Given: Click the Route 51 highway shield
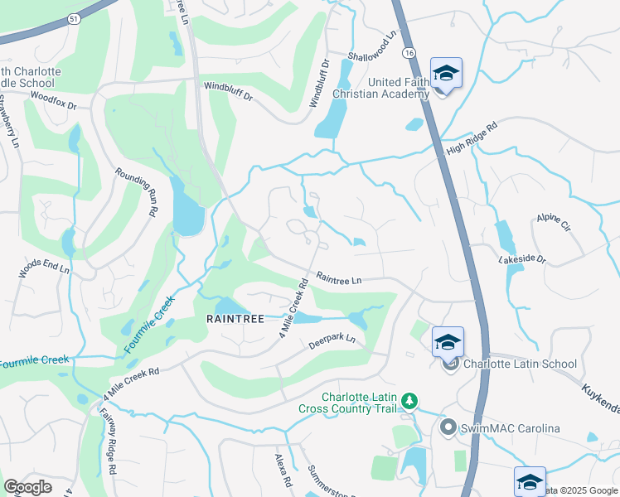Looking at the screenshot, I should (75, 17).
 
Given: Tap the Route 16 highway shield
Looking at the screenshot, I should (409, 52).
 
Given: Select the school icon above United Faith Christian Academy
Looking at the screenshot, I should (446, 75).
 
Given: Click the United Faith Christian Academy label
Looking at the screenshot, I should (382, 88).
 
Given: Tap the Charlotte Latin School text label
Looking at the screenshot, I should (520, 364).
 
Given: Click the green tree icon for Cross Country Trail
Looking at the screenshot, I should (408, 402).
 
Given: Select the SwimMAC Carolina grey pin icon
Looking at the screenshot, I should (448, 427).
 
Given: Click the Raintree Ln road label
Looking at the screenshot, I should (339, 280).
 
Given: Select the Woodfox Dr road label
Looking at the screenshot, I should (53, 101).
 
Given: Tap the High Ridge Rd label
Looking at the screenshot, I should (472, 138).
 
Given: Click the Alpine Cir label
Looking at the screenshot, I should (553, 222).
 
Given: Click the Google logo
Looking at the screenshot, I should (27, 486).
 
